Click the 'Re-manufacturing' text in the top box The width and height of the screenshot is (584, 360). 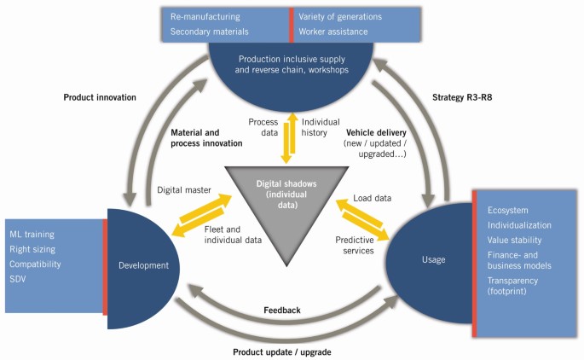click(205, 16)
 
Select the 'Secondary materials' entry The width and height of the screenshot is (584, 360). click(210, 32)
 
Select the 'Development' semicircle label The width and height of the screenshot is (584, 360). click(143, 266)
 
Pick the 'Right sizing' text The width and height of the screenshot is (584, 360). click(33, 250)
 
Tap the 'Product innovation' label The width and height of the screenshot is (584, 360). click(100, 97)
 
